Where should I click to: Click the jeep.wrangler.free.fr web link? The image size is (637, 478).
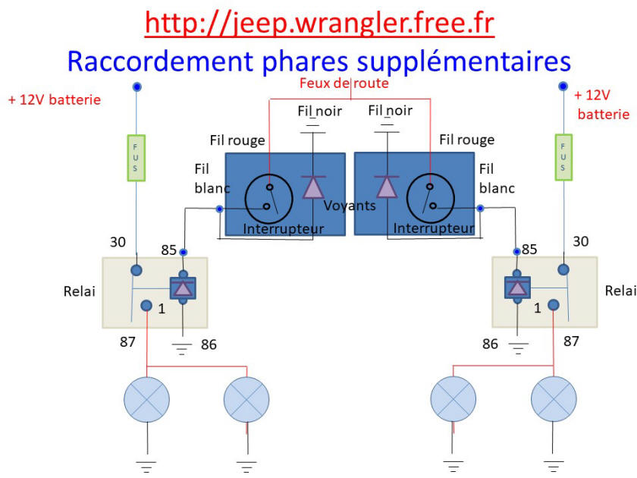[x=319, y=24]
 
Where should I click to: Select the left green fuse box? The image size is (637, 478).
[x=136, y=158]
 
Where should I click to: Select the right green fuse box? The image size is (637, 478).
[x=563, y=157]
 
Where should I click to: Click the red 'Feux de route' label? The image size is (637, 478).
[x=344, y=83]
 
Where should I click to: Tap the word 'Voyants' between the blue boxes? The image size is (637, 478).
[x=350, y=206]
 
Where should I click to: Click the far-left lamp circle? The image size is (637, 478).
[x=146, y=400]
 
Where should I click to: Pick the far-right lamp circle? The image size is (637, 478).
[x=554, y=399]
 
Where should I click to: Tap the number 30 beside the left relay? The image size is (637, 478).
[x=118, y=242]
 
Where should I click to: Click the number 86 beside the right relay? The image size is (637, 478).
[x=490, y=344]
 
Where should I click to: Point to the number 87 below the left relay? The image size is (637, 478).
[x=127, y=342]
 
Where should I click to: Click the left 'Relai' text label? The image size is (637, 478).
[x=79, y=291]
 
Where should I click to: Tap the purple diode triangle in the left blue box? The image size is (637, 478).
[x=313, y=188]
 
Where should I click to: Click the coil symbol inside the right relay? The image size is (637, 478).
[x=517, y=288]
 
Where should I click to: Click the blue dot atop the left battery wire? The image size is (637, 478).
[x=137, y=86]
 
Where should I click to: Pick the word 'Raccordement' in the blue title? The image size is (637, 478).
[x=160, y=61]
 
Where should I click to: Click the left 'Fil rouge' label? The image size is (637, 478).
[x=237, y=140]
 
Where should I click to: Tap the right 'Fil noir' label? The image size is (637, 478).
[x=390, y=111]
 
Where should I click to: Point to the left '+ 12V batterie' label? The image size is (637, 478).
[x=55, y=100]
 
